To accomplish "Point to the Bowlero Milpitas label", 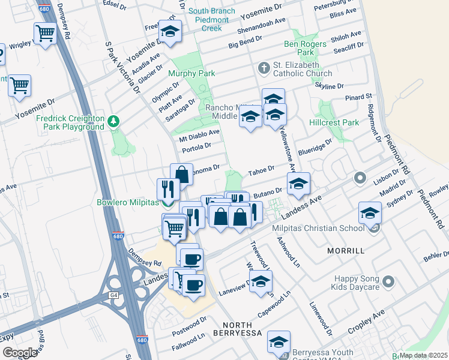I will pos(126,202).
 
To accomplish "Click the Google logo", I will pos(20,352).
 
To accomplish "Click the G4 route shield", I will pos(113,295).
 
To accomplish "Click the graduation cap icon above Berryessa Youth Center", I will pos(279,342).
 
